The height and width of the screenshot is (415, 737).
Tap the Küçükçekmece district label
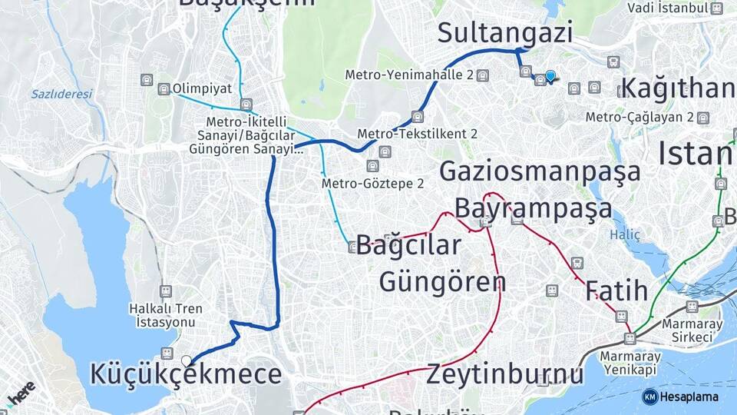[186, 374]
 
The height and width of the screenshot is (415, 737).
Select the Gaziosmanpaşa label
[540, 171]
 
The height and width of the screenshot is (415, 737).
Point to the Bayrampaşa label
[534, 207]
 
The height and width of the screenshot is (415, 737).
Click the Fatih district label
[616, 291]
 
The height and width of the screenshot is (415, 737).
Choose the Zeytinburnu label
[505, 374]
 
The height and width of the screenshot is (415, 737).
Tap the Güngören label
[441, 281]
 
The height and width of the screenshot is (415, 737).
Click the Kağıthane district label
[678, 88]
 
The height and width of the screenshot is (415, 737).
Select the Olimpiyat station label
[202, 88]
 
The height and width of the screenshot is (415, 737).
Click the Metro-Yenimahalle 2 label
[408, 75]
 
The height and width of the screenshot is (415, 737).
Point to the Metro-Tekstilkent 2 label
[417, 134]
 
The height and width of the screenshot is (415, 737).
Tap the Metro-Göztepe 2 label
[372, 184]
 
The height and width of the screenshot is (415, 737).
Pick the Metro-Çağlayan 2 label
[640, 118]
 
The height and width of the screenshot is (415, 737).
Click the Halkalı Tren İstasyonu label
[166, 315]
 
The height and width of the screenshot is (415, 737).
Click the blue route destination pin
[550, 76]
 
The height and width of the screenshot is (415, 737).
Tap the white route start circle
[187, 360]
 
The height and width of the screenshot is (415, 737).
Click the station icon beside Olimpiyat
[164, 89]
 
